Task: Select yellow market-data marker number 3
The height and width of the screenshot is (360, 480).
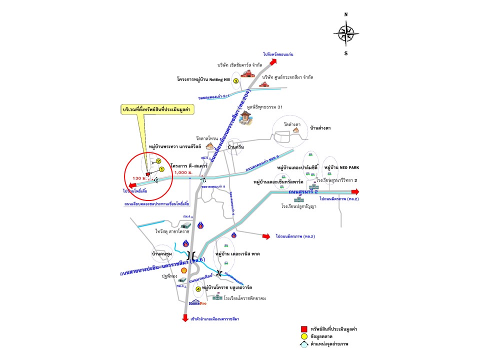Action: point(235,80)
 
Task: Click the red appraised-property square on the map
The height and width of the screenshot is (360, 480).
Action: point(147,173)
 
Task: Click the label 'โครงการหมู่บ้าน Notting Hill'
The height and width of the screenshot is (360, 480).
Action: point(202,79)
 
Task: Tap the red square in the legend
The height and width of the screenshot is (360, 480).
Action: point(303,328)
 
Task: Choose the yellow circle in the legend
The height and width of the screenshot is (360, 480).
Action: point(303,336)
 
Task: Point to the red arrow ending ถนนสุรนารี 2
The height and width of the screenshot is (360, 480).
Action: point(355,191)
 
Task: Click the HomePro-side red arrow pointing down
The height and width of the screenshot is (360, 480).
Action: point(186,317)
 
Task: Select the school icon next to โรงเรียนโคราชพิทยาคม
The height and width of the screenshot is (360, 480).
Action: point(217,297)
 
